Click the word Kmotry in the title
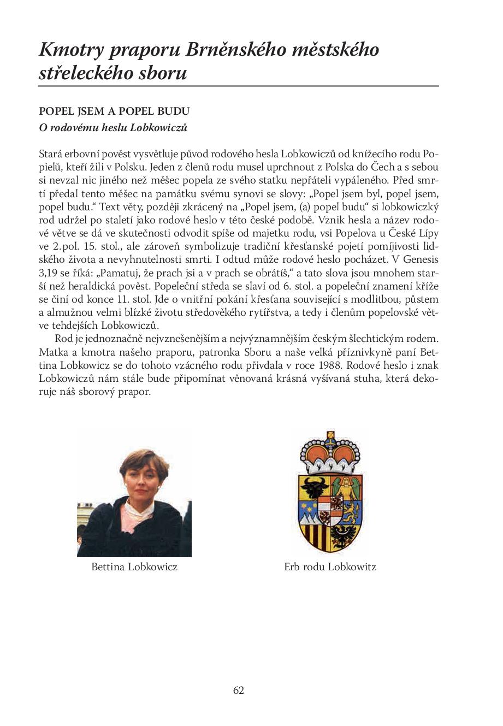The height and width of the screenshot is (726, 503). coord(70,50)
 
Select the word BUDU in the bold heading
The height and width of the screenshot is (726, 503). coord(176,111)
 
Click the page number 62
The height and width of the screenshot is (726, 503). coord(239,690)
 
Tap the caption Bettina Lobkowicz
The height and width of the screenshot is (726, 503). coord(134,567)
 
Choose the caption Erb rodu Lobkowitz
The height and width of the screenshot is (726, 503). coord(330,567)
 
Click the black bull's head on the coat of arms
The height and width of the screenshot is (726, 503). coord(315,486)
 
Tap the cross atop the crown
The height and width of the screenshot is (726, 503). coord(329,435)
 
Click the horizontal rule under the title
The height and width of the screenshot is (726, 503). coord(239,86)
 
